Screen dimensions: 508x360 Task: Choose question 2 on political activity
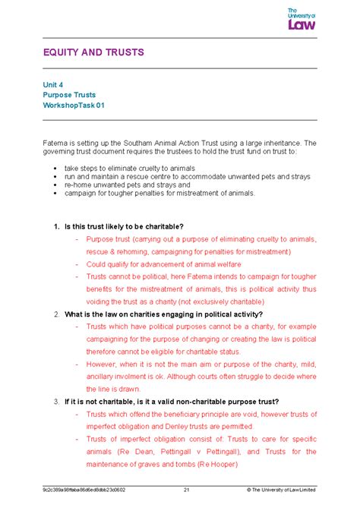[x=163, y=314]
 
